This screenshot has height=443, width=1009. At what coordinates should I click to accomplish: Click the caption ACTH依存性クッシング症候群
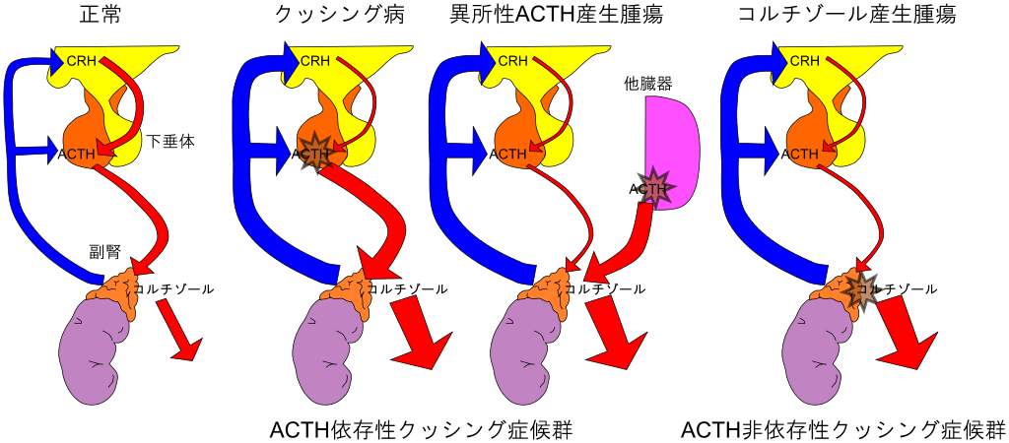421,429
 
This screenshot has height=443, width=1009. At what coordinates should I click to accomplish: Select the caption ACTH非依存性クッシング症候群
842,429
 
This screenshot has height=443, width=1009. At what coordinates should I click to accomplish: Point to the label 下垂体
172,142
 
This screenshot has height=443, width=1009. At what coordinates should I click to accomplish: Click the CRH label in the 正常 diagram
80,61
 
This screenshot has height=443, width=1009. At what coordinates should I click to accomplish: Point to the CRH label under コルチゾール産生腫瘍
804,61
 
